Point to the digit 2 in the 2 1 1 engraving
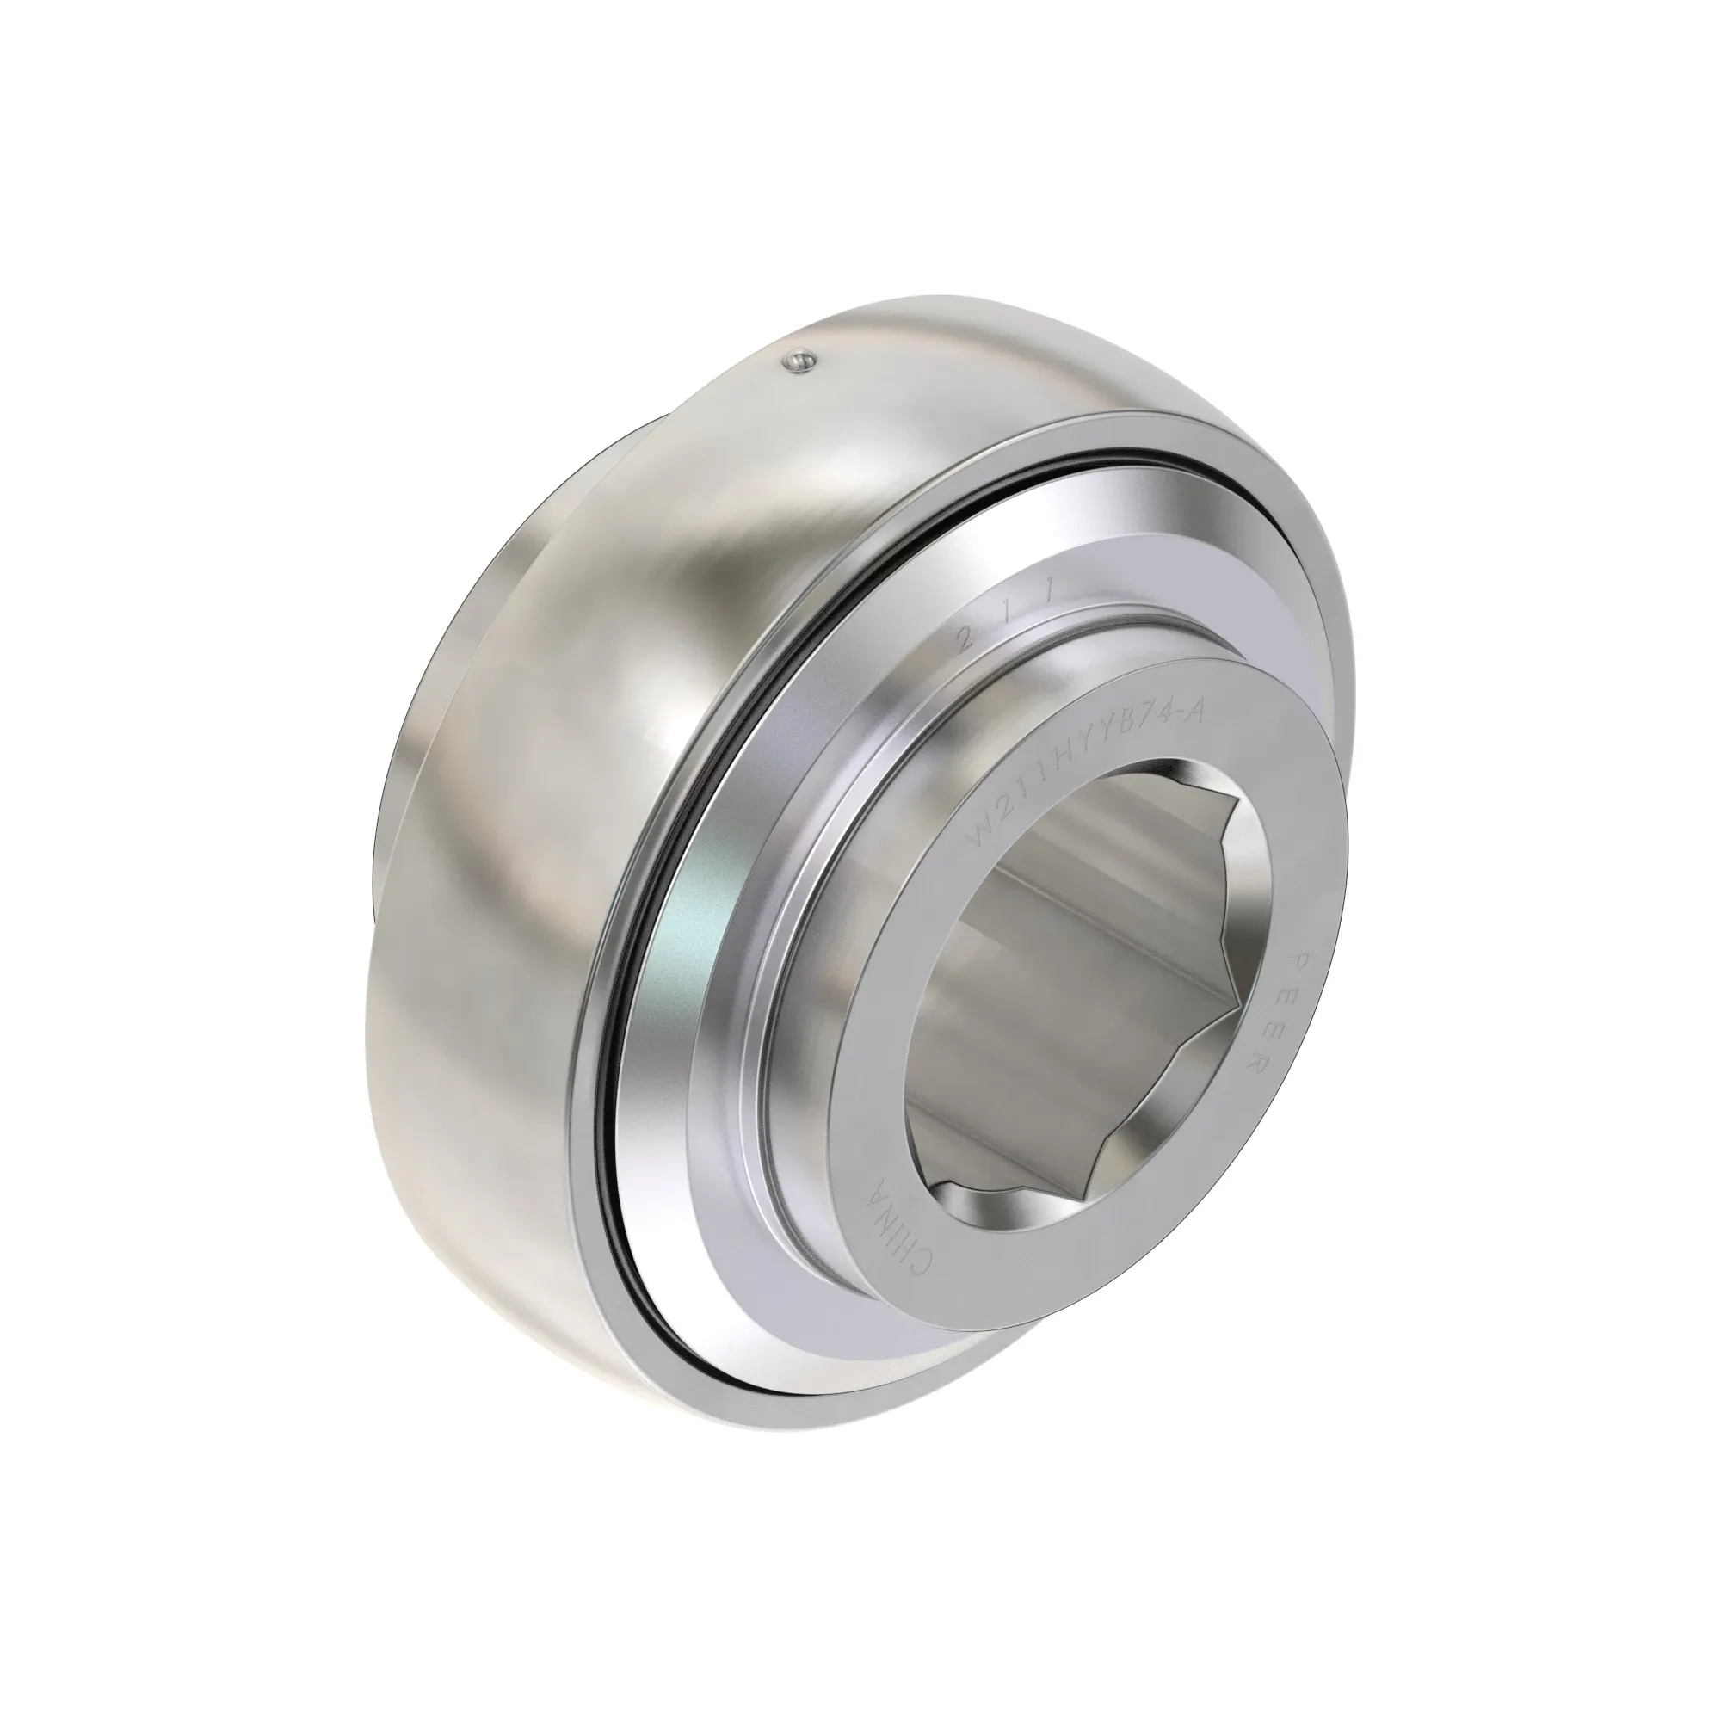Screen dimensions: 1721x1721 click(963, 638)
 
